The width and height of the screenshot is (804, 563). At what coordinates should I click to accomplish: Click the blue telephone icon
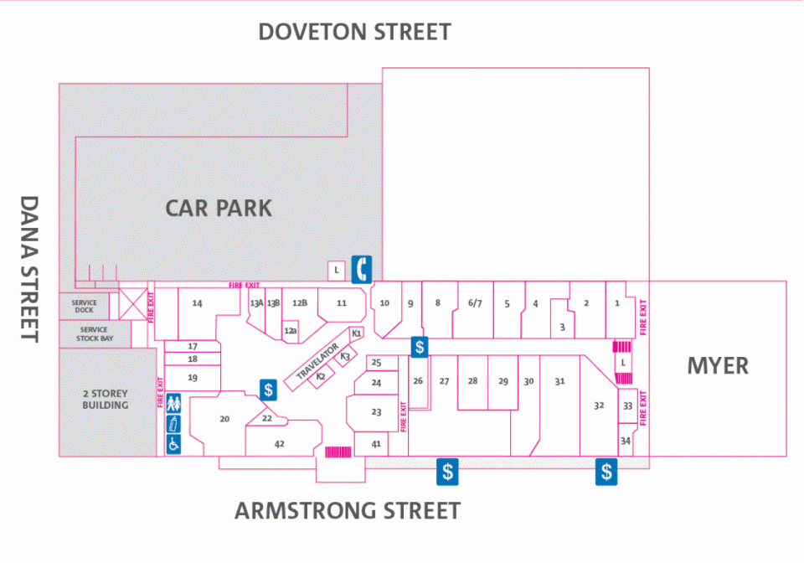362,269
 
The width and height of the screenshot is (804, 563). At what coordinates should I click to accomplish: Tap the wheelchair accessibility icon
174,444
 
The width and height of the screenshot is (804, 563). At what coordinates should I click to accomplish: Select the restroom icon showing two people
174,403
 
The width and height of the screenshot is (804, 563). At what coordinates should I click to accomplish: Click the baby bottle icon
174,424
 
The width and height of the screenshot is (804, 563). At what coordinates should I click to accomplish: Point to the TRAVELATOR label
317,361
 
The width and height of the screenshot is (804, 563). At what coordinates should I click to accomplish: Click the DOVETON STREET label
355,32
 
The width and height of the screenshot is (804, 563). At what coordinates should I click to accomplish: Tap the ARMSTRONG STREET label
348,511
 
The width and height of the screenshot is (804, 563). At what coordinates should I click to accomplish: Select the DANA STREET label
29,269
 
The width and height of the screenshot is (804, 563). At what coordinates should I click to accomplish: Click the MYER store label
718,365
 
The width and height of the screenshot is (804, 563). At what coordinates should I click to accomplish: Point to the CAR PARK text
219,208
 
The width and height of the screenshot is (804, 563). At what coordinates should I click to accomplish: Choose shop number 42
280,444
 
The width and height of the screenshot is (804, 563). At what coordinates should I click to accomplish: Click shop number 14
197,303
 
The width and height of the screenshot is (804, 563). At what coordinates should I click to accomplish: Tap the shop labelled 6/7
475,303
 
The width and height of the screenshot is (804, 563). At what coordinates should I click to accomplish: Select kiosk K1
357,333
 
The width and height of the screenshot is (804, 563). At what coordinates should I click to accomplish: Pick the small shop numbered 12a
291,331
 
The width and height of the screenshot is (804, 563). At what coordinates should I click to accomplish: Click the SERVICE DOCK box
84,307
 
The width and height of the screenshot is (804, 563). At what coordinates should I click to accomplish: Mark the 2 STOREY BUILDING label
106,399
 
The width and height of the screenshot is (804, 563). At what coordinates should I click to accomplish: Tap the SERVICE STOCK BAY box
95,333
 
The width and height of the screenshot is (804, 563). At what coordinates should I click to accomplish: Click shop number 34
626,441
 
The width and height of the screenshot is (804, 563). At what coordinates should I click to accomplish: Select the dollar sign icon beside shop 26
420,347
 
